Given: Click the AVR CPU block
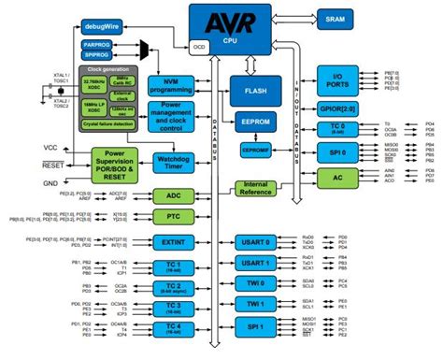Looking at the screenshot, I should point(230,24).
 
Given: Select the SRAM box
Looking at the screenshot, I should point(334,18).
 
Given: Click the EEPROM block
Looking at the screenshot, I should point(255,122).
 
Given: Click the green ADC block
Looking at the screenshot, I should point(173,195).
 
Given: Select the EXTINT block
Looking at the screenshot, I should point(173,242).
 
